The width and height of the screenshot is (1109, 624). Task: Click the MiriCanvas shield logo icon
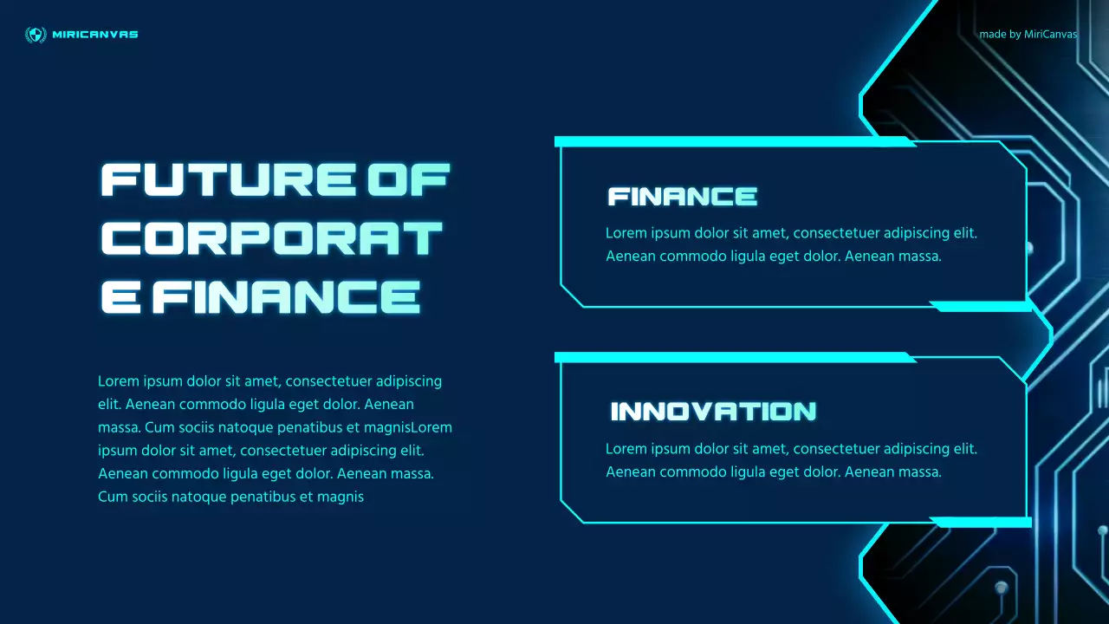click(36, 35)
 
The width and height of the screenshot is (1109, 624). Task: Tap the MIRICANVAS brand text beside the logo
click(95, 35)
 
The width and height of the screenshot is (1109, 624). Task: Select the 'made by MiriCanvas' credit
click(1028, 35)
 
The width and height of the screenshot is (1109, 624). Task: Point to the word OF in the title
click(408, 179)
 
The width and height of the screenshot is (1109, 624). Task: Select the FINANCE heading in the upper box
click(682, 197)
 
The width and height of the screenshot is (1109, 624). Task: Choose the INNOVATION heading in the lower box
click(713, 412)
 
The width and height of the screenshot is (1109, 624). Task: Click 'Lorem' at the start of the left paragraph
click(117, 381)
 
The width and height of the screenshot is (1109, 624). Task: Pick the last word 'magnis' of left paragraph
click(341, 497)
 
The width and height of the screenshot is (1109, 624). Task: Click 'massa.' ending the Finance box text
click(921, 257)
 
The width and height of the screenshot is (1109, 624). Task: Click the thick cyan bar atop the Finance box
click(732, 141)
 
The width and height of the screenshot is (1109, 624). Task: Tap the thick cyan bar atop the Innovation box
click(732, 357)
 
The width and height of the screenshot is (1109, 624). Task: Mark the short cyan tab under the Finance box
click(980, 306)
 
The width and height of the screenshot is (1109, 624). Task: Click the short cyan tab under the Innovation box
click(980, 522)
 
